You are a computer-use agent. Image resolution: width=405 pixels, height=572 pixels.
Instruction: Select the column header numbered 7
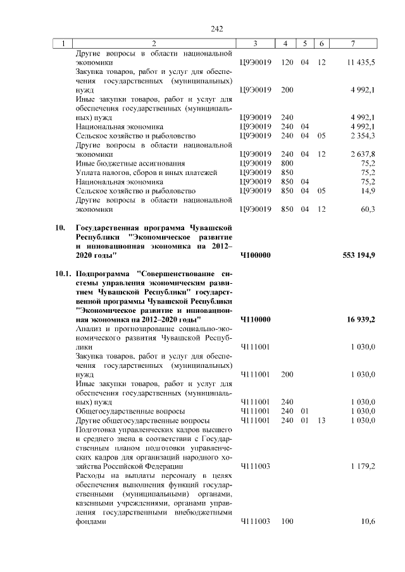[x=352, y=43]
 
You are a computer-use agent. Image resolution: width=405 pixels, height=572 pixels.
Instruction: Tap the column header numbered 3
[x=254, y=43]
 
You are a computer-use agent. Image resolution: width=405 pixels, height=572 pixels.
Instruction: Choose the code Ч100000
[x=256, y=255]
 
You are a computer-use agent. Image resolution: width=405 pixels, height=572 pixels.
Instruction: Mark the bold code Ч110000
[x=256, y=319]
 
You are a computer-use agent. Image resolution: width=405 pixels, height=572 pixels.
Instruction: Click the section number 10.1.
[x=61, y=274]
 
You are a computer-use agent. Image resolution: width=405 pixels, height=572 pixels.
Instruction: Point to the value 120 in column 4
[x=287, y=63]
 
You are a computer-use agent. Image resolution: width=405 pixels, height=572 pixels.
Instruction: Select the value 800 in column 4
[x=287, y=163]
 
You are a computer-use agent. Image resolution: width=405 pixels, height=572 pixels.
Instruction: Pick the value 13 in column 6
[x=321, y=420]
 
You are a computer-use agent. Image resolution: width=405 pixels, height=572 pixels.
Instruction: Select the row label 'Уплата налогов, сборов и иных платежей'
[x=146, y=172]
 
